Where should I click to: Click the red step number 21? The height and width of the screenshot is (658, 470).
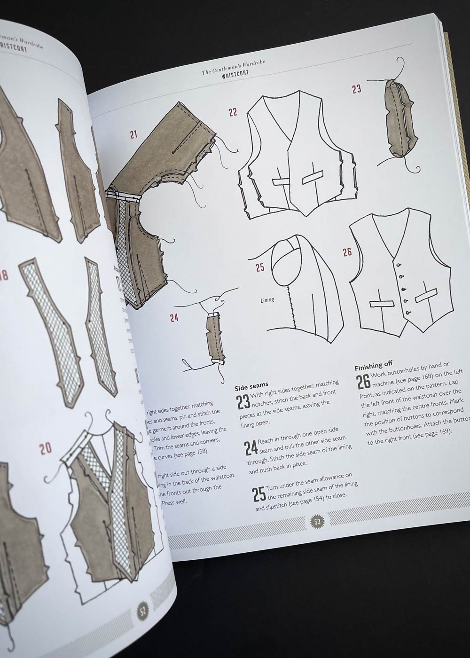134,134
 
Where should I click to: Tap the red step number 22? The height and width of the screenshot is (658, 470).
233,112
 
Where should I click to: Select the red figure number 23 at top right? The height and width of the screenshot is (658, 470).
357,89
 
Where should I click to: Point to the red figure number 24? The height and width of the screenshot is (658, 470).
174,318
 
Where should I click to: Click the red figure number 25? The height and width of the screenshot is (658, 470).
260,267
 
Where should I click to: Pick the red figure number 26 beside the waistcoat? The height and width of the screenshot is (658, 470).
347,252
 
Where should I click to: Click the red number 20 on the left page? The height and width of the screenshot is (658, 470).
45,448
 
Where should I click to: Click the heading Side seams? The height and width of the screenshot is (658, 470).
251,387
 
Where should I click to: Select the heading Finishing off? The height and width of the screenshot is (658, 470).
373,364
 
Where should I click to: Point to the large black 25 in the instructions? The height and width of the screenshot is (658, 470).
258,494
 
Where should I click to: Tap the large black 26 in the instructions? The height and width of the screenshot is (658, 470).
363,382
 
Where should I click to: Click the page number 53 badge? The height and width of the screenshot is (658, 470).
317,522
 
